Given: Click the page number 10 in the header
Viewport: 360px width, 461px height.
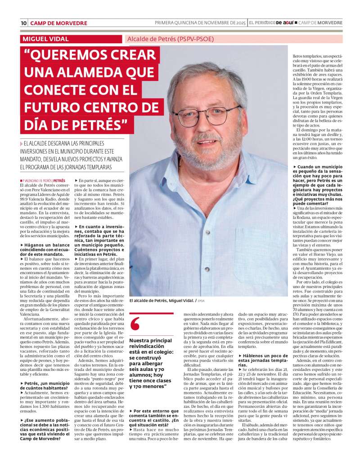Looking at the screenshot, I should click(23, 23).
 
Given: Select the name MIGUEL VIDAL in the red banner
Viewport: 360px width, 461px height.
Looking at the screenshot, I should click(47, 39).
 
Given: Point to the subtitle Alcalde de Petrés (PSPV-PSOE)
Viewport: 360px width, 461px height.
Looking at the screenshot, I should click(171, 39).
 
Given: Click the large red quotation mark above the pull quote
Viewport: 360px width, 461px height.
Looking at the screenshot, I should click(135, 323).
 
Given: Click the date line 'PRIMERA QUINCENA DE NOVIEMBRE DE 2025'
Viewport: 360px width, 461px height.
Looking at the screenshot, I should click(200, 23).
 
